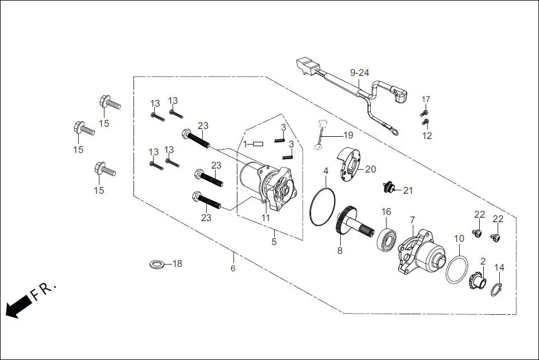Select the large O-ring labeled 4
[x=322, y=207]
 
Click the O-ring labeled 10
[x=457, y=269]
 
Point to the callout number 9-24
[x=360, y=73]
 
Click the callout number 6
[x=233, y=268]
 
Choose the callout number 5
[x=274, y=242]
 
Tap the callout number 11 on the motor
[x=266, y=218]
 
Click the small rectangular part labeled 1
[x=257, y=144]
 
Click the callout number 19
[x=348, y=135]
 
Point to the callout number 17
[x=426, y=99]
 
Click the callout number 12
[x=427, y=136]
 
